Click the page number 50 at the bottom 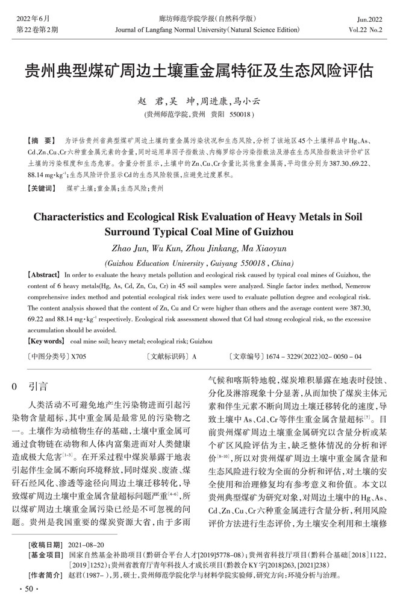[29, 587]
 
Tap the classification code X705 [78, 357]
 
